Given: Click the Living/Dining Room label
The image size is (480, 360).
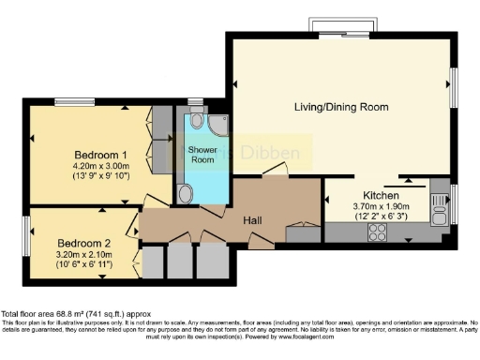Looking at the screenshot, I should [x=340, y=108].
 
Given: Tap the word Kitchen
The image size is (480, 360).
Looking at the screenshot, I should [x=362, y=194].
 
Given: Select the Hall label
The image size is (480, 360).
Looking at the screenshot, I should [x=253, y=219].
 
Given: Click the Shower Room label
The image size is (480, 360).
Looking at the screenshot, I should [x=202, y=156].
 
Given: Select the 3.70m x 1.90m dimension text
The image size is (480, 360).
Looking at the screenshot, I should [x=362, y=206].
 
